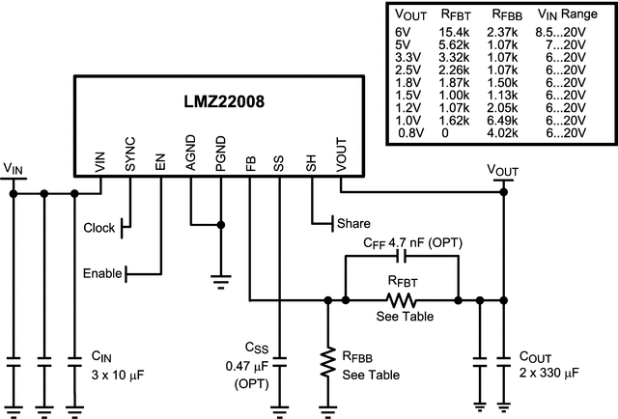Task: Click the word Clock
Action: (x=99, y=229)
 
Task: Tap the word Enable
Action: (x=102, y=273)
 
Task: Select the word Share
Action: (x=353, y=223)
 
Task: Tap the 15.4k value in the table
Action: (x=455, y=32)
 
